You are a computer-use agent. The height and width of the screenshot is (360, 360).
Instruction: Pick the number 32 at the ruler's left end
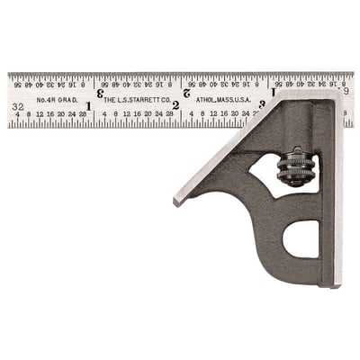pos(18,106)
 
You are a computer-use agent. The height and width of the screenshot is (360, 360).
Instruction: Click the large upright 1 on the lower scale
pos(88,105)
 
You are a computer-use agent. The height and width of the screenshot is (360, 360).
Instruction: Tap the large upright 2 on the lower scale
pos(175,105)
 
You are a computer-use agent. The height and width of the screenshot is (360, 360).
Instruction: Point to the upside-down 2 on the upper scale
pos(185,92)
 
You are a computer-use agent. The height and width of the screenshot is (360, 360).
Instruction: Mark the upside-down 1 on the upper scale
pos(273,92)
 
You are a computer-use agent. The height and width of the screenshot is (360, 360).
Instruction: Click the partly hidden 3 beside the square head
pos(262,104)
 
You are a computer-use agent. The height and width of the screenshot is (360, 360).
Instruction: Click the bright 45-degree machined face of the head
pos(238,144)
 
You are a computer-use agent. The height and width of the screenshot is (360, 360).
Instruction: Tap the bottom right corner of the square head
pos(340,284)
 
